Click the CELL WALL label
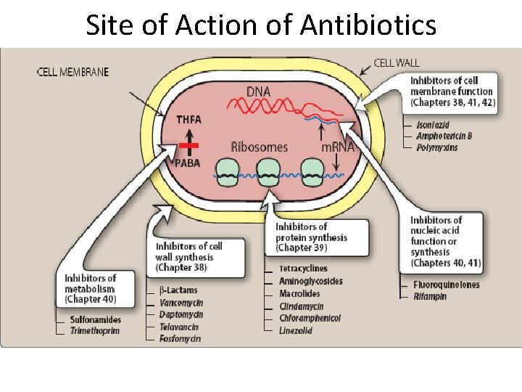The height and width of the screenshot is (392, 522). (396, 63)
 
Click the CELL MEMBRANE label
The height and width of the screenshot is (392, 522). (72, 72)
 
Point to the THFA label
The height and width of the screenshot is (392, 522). (188, 120)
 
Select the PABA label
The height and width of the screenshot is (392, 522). (188, 163)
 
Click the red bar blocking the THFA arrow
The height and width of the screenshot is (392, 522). (188, 145)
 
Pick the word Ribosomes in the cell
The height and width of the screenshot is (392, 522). (259, 147)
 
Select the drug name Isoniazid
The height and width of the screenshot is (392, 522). (433, 125)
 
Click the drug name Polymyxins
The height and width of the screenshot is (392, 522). (437, 147)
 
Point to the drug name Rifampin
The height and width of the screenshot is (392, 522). (430, 296)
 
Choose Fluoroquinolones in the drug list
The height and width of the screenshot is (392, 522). (447, 285)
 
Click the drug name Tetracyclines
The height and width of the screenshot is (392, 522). (303, 269)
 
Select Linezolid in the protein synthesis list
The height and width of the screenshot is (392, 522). (296, 330)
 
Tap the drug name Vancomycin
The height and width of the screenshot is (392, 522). (181, 302)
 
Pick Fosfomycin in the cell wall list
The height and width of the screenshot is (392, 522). (180, 338)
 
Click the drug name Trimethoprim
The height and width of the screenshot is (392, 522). (95, 331)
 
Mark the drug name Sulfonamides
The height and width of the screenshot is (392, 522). (96, 319)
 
